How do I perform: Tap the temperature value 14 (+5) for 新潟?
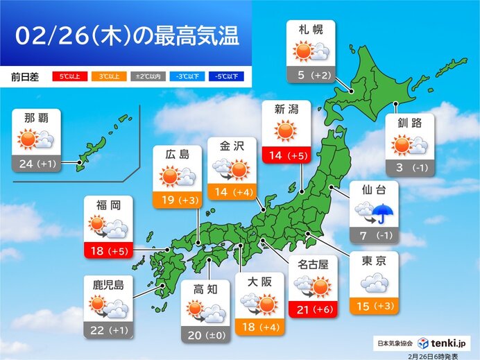point(286,156)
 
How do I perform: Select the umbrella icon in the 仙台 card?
point(383,213)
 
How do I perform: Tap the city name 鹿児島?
point(108,284)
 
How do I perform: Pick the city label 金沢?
point(232,147)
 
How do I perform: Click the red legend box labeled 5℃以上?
point(67,76)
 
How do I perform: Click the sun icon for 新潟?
point(286,130)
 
